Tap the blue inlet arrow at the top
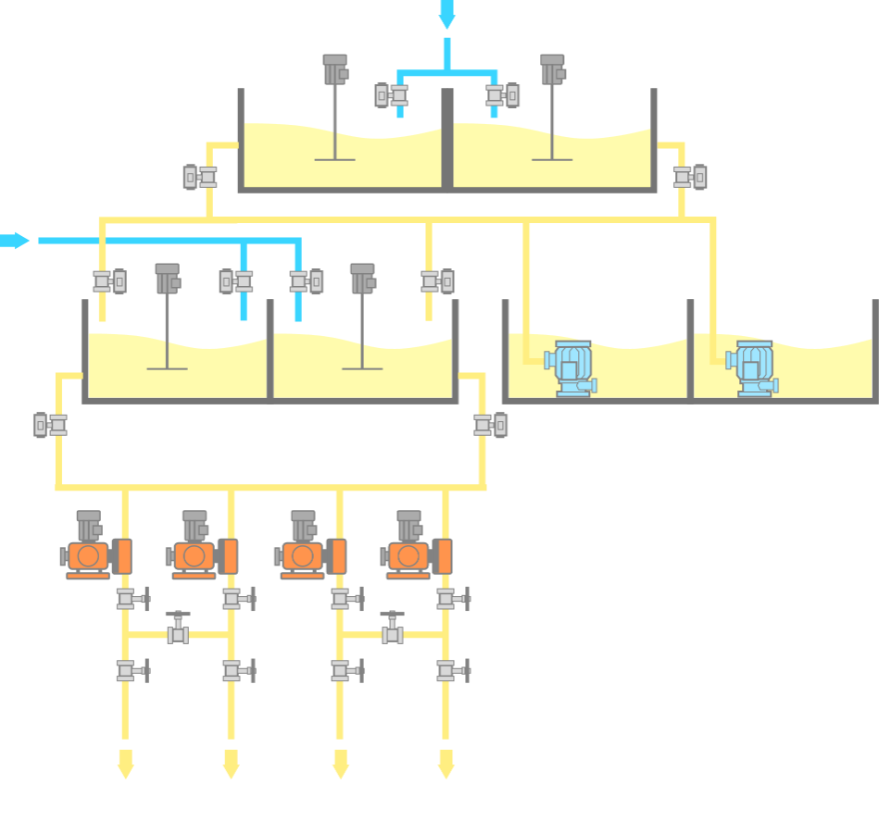coord(447,14)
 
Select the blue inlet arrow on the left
coord(15,241)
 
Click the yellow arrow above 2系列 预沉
coord(125,764)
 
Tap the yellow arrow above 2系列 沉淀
coord(446,764)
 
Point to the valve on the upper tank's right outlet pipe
coord(690,177)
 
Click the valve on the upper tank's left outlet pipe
coord(200,176)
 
